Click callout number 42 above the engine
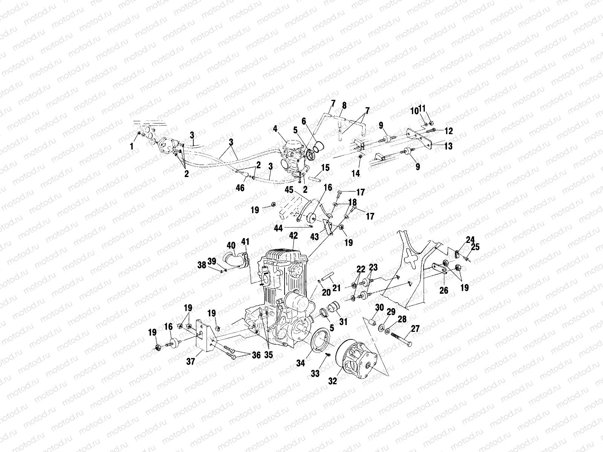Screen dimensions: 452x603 (293, 236)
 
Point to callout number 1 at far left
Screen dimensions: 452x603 (132, 146)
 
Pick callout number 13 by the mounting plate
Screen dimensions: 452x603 (448, 147)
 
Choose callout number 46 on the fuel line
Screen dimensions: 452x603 (240, 188)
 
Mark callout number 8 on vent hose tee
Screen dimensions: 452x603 (344, 105)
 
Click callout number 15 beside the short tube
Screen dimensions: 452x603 (325, 167)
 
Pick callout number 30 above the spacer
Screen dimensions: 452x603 (379, 308)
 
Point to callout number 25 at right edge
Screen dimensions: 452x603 (475, 247)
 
